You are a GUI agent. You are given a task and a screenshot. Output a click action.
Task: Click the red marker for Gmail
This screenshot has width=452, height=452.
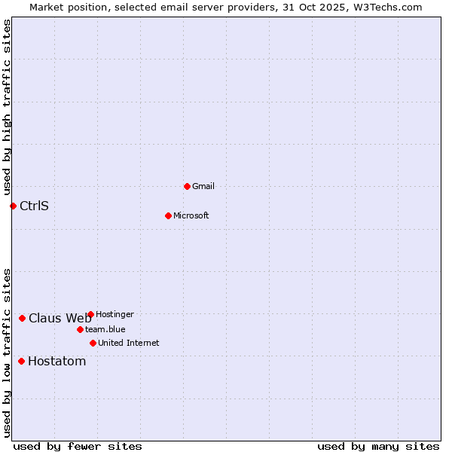tap(187, 186)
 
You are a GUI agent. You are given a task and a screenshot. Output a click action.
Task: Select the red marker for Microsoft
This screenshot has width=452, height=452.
tap(168, 215)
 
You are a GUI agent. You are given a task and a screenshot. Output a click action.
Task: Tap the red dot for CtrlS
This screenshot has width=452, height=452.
tap(13, 206)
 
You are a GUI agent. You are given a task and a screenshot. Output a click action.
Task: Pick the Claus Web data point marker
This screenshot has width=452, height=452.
tap(22, 318)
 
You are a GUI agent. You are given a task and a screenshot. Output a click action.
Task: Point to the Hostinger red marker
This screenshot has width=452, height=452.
tap(90, 314)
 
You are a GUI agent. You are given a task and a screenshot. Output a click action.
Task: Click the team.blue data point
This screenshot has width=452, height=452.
tap(80, 329)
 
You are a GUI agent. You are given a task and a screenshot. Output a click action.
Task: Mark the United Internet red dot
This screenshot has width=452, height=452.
tap(93, 343)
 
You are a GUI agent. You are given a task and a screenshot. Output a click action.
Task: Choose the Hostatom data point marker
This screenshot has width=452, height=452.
tap(21, 361)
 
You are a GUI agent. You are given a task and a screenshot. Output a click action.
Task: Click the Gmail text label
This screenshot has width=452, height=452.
tap(203, 186)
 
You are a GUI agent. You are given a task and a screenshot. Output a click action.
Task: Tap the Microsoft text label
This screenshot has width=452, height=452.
tap(191, 215)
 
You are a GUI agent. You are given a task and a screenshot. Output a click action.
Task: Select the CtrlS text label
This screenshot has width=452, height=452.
tap(34, 206)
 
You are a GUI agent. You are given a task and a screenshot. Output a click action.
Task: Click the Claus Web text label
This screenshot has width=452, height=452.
tap(60, 318)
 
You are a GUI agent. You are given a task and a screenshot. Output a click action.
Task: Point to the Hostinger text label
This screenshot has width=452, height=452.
tap(115, 314)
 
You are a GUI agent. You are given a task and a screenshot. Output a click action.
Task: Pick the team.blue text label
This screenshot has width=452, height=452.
tap(105, 329)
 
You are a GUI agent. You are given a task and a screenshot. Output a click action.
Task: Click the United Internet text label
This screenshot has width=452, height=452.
tap(129, 343)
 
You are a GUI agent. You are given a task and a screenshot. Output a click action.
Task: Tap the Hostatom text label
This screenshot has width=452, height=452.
tap(56, 361)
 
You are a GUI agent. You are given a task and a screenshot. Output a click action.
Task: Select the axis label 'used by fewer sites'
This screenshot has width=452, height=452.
tap(78, 446)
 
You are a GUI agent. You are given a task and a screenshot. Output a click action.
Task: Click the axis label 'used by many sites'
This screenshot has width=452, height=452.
tap(378, 446)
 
